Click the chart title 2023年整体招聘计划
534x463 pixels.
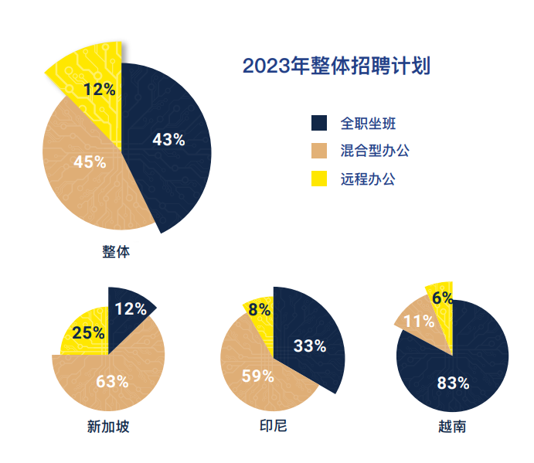pyautogui.click(x=336, y=66)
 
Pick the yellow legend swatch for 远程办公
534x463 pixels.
pyautogui.click(x=318, y=179)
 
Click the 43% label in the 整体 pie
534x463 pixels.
pyautogui.click(x=168, y=140)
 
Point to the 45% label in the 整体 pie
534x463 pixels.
pyautogui.click(x=89, y=162)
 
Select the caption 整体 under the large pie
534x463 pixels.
pyautogui.click(x=116, y=252)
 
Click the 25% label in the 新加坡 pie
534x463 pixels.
pyautogui.click(x=88, y=333)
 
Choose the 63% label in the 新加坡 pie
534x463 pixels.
pyautogui.click(x=112, y=381)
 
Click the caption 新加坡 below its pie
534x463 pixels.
pyautogui.click(x=108, y=427)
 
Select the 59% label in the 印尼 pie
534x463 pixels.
pyautogui.click(x=257, y=376)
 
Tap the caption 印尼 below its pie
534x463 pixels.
pyautogui.click(x=274, y=427)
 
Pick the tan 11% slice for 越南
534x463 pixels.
pyautogui.click(x=416, y=318)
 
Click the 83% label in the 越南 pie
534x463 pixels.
pyautogui.click(x=453, y=383)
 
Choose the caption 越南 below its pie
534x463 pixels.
pyautogui.click(x=451, y=427)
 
